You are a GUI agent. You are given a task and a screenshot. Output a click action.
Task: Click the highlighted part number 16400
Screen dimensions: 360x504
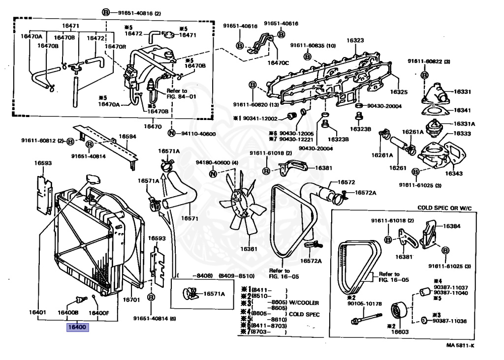tap(77, 327)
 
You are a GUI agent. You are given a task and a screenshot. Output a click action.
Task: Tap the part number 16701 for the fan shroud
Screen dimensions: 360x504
tap(131, 300)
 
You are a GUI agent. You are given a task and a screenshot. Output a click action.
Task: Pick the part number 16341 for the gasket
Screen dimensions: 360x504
tap(462, 110)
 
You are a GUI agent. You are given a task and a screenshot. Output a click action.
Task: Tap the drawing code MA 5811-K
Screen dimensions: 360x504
tap(460, 346)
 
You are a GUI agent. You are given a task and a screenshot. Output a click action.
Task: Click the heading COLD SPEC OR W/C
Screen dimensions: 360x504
tap(444, 208)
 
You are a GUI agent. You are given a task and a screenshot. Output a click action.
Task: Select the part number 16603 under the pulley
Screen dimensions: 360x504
tap(401, 332)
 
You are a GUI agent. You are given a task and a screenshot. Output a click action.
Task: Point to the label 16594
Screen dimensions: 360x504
tap(127, 137)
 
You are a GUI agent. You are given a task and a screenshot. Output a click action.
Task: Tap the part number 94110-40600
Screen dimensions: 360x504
tap(197, 133)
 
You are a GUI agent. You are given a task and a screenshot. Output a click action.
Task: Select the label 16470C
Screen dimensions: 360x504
tap(278, 62)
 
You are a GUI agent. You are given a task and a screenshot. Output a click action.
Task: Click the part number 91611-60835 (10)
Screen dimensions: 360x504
tap(313, 46)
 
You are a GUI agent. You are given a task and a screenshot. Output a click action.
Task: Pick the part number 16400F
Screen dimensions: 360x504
tap(99, 312)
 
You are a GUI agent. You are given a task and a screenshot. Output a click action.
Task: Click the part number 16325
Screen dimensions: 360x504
tap(399, 92)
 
